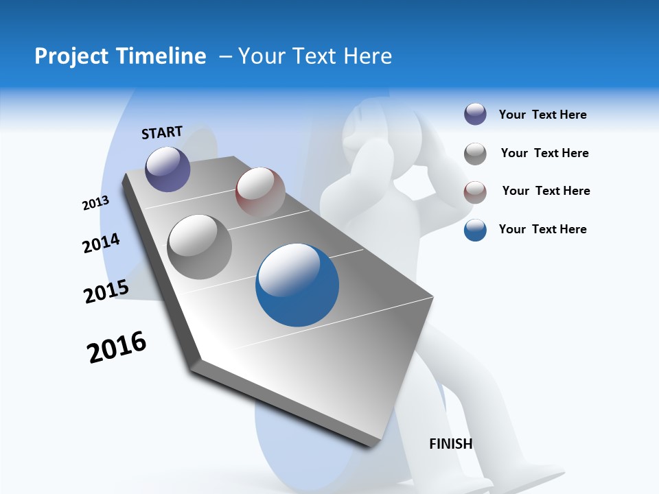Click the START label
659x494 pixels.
pyautogui.click(x=162, y=132)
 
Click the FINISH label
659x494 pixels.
pyautogui.click(x=451, y=444)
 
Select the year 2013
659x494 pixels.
pyautogui.click(x=95, y=203)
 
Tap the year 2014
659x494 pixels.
pyautogui.click(x=102, y=244)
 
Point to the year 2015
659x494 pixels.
pyautogui.click(x=106, y=291)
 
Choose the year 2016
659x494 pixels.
pyautogui.click(x=117, y=346)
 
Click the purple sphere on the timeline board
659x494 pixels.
pyautogui.click(x=167, y=169)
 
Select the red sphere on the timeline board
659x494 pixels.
pyautogui.click(x=260, y=191)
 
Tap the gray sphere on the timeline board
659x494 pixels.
pyautogui.click(x=199, y=246)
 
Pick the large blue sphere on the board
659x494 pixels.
pyautogui.click(x=297, y=285)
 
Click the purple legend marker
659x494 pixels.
pyautogui.click(x=475, y=115)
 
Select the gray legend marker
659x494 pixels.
pyautogui.click(x=475, y=154)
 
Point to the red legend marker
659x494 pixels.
pyautogui.click(x=475, y=192)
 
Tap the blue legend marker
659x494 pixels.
pyautogui.click(x=475, y=230)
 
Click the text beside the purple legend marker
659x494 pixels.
pyautogui.click(x=542, y=115)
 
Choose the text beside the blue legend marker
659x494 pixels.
pyautogui.click(x=542, y=229)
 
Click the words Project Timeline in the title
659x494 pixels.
pyautogui.click(x=120, y=56)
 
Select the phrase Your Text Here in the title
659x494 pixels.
pyautogui.click(x=315, y=56)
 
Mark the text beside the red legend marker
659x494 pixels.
pyautogui.click(x=546, y=191)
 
